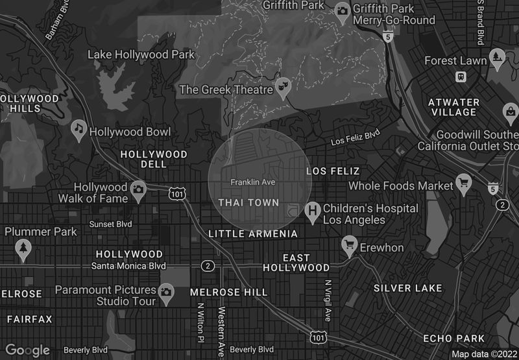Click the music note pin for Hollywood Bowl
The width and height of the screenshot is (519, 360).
pyautogui.click(x=79, y=129)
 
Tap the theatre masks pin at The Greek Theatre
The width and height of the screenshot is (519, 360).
pyautogui.click(x=283, y=87)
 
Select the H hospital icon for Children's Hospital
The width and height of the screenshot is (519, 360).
pyautogui.click(x=313, y=211)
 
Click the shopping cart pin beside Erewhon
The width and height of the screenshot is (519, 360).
pyautogui.click(x=350, y=245)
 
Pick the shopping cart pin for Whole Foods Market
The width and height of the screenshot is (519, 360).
pyautogui.click(x=464, y=183)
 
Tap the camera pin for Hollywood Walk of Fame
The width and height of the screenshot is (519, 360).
pyautogui.click(x=138, y=190)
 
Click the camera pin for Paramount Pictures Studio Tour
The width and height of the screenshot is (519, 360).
pyautogui.click(x=167, y=293)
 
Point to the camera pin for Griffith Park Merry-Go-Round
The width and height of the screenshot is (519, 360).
pyautogui.click(x=343, y=10)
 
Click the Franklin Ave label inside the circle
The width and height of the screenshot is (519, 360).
pyautogui.click(x=253, y=182)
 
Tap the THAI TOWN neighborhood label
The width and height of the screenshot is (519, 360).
pyautogui.click(x=248, y=203)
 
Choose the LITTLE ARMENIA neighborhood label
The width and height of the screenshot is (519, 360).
pyautogui.click(x=253, y=234)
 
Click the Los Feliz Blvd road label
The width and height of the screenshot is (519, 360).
pyautogui.click(x=355, y=138)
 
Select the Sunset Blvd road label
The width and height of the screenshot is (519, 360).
pyautogui.click(x=110, y=224)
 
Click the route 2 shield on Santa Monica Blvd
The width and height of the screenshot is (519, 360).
pyautogui.click(x=208, y=266)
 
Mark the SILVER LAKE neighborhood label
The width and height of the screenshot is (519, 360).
pyautogui.click(x=407, y=288)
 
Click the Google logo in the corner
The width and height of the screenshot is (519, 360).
pyautogui.click(x=28, y=350)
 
